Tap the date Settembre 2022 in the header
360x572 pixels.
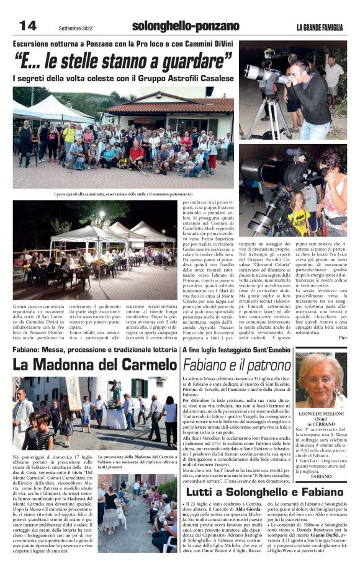tap(76, 28)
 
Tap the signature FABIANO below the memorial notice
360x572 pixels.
tap(322, 476)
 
